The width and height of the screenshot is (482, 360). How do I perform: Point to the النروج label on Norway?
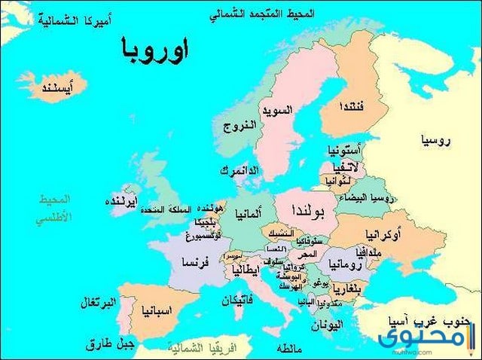point(239,126)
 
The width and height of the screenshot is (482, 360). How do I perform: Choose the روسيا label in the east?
point(438,140)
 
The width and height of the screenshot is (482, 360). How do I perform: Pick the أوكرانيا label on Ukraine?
point(382,235)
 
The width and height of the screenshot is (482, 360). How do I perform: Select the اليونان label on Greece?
point(327,325)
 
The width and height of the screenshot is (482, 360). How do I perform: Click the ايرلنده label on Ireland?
point(120,202)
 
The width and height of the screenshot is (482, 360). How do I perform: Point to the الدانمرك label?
point(239,171)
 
